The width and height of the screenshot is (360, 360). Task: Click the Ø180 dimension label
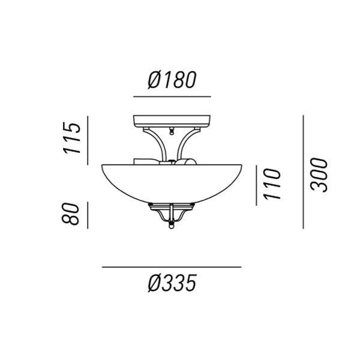point(172,80)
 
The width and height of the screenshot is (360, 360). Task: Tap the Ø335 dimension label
point(172,283)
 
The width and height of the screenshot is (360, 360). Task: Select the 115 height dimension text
point(72,138)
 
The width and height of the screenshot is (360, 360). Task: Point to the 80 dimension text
point(70,214)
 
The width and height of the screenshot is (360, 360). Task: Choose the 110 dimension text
point(272,184)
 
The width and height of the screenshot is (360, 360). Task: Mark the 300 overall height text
point(319,175)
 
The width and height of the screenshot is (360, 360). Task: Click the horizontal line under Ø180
point(172,97)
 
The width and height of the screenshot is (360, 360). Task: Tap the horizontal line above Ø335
point(172,267)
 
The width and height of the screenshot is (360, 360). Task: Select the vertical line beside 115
point(88,140)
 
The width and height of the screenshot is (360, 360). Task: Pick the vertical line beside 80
point(88,215)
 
